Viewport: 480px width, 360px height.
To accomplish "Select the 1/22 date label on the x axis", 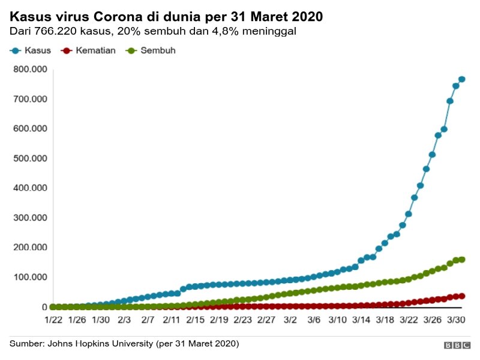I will tap(53, 320).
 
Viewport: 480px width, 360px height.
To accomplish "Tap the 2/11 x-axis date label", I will tap(172, 320).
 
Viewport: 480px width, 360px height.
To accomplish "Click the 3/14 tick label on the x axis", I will tap(361, 320).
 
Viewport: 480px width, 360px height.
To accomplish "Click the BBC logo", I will tap(457, 345).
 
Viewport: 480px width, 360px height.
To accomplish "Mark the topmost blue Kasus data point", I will tap(462, 79).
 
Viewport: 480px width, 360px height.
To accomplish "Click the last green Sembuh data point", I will tap(462, 260).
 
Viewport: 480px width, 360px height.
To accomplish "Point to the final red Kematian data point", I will tap(462, 296).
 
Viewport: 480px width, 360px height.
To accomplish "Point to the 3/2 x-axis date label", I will tap(290, 320).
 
